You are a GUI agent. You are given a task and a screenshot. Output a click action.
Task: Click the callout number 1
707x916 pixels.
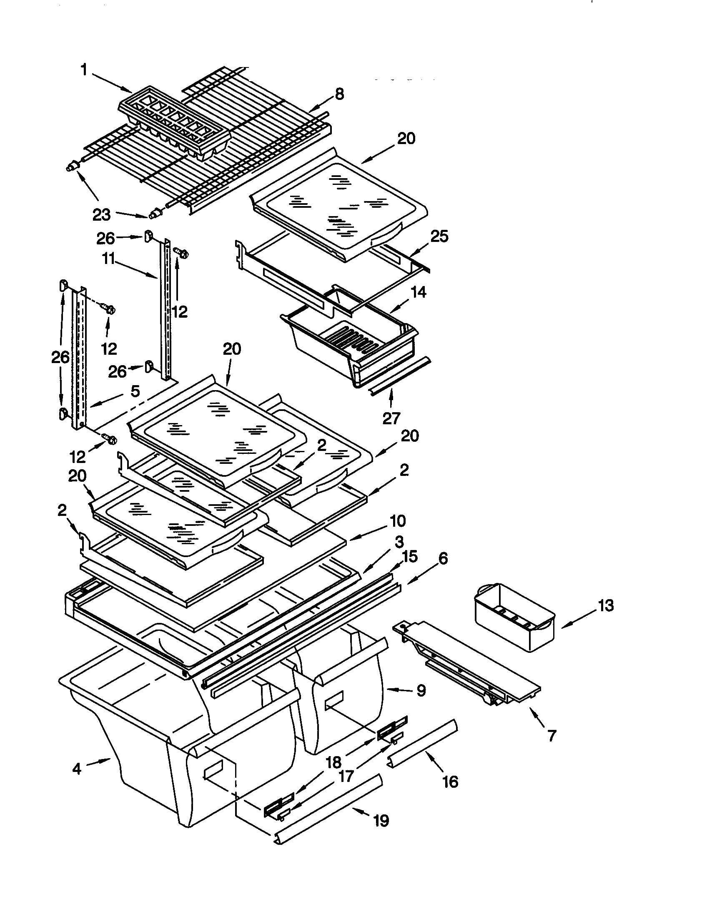point(84,70)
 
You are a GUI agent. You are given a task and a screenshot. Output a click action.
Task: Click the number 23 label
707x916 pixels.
point(101,215)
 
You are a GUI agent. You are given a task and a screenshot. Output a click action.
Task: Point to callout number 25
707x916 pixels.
point(439,236)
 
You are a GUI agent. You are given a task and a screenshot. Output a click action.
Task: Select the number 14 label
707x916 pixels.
point(418,292)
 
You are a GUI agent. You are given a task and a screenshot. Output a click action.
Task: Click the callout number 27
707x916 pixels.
point(391,418)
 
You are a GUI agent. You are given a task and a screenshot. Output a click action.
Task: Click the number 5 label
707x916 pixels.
point(135,391)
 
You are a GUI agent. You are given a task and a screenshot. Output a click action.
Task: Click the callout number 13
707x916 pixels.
point(606,606)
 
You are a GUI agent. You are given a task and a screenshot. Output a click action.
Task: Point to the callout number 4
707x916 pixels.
point(77,769)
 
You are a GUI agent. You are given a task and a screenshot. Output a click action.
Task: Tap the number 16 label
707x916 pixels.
point(450,782)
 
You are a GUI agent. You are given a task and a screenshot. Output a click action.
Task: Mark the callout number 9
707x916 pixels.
point(421,690)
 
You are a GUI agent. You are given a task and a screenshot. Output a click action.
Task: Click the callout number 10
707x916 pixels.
point(398,521)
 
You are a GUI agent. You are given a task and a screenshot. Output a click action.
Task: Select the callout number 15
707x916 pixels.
point(410,557)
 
